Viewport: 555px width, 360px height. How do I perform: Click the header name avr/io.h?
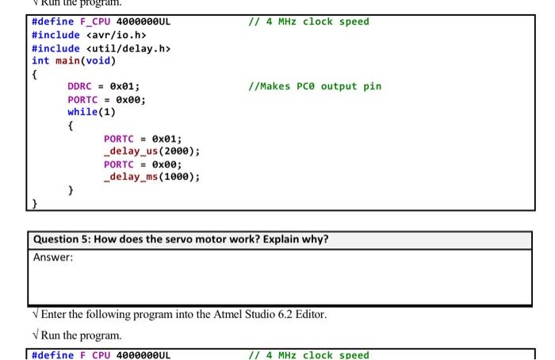(x=118, y=35)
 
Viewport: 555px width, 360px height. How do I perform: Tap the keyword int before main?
(x=40, y=61)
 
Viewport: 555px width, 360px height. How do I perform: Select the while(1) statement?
(x=91, y=112)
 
